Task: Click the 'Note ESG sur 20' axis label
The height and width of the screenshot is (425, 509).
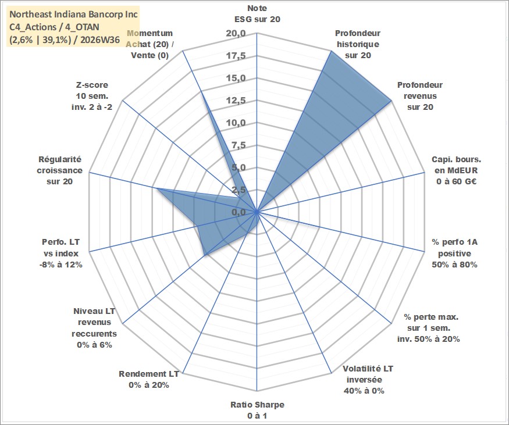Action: click(x=257, y=13)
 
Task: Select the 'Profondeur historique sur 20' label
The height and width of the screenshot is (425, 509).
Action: click(x=358, y=44)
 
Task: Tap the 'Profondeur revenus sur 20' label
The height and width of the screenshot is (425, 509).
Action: click(x=420, y=96)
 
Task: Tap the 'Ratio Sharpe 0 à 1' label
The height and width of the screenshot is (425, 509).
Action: click(x=257, y=410)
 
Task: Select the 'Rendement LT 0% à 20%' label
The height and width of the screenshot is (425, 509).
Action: click(x=149, y=380)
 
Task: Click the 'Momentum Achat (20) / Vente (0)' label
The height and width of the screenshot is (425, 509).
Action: click(x=150, y=44)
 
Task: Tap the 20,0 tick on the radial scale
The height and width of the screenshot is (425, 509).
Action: click(x=236, y=33)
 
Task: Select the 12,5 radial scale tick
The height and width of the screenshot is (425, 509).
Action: click(x=236, y=101)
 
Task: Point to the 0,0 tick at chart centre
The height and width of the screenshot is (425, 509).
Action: click(x=239, y=213)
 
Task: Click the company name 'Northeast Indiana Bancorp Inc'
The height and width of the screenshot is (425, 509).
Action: click(x=74, y=15)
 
